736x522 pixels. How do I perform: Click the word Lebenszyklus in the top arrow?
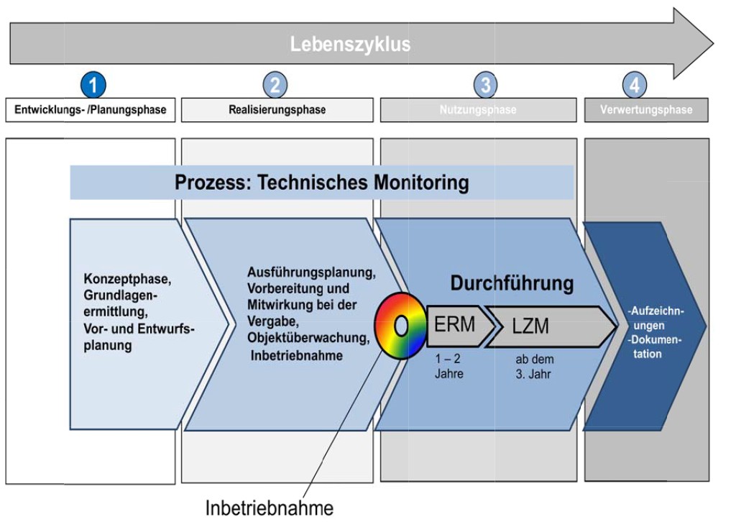tap(350, 45)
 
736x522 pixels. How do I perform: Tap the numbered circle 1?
tap(93, 86)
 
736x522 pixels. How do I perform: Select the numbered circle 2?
tap(275, 86)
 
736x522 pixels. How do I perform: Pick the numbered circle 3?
tap(486, 86)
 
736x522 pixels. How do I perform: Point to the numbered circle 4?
tap(634, 86)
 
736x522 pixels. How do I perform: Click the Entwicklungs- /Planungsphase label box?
tap(91, 110)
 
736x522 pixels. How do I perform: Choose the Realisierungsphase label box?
tap(277, 110)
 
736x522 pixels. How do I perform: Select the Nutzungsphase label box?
tap(478, 110)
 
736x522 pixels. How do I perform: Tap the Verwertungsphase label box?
tap(646, 110)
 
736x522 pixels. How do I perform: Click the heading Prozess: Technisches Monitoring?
tap(321, 183)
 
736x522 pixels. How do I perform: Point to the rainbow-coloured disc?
tap(401, 326)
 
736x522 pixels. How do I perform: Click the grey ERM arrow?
tap(459, 325)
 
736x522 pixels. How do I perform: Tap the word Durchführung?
tap(512, 283)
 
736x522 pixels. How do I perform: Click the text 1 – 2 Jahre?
tap(449, 367)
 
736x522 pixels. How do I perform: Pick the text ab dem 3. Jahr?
tap(535, 367)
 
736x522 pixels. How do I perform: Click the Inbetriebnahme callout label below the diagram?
tap(270, 508)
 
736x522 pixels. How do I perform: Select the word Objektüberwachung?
tap(308, 337)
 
